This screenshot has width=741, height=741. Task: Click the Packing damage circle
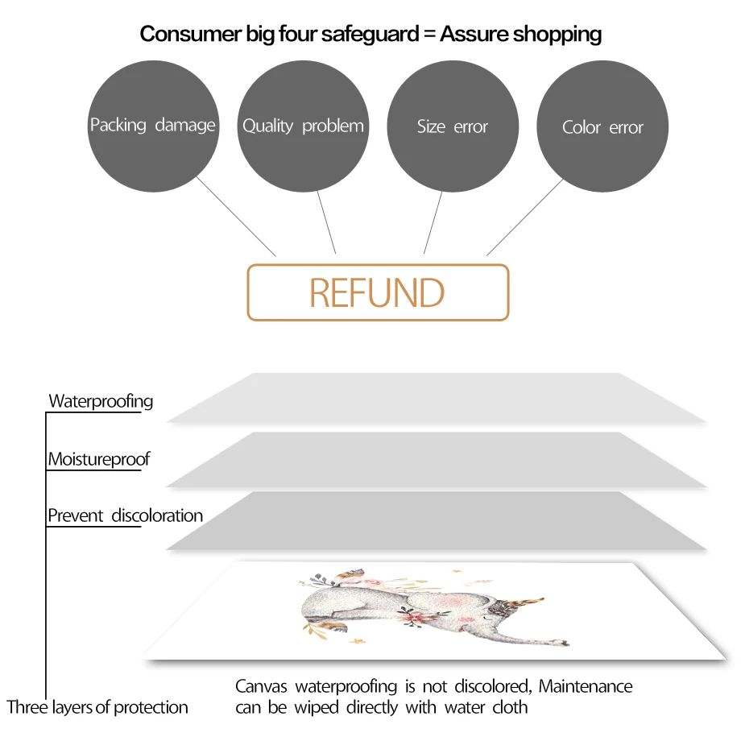[x=153, y=126]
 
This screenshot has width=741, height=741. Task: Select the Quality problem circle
[x=303, y=126]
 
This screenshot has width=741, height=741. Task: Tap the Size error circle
[x=453, y=126]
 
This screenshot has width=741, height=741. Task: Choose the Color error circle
[x=602, y=126]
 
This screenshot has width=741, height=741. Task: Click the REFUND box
[x=378, y=292]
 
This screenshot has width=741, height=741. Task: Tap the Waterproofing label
[x=101, y=401]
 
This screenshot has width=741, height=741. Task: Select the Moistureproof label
[x=99, y=460]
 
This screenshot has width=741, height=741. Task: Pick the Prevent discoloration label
[x=126, y=515]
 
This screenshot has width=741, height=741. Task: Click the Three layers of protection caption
[x=97, y=708]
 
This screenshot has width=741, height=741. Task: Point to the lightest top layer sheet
[x=435, y=398]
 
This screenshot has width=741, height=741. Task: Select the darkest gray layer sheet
[x=435, y=522]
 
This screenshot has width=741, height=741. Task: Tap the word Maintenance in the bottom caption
[x=586, y=687]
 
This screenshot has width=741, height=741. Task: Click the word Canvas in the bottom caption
[x=262, y=687]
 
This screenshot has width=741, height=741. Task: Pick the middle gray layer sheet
[x=435, y=460]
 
